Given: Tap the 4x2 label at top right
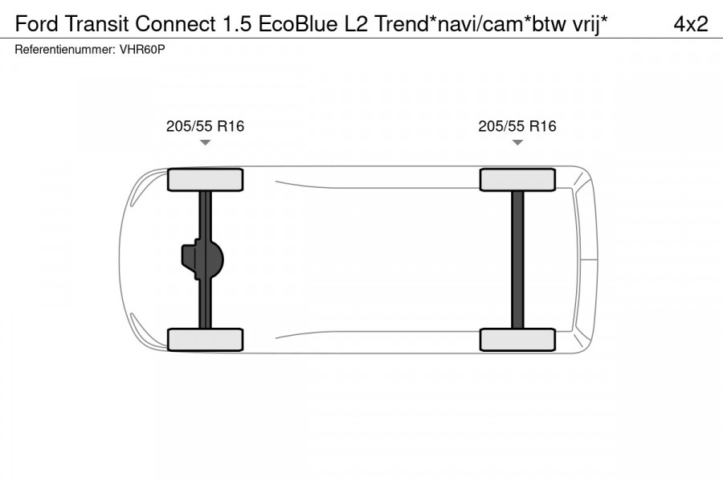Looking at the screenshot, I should tap(690, 24).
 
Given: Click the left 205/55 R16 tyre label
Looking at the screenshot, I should tap(205, 126).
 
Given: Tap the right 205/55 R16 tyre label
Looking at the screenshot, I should tap(517, 126).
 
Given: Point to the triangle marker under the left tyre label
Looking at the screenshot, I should tap(205, 143).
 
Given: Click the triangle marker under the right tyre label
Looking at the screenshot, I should tap(517, 143).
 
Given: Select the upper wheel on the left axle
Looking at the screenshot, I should tap(205, 179).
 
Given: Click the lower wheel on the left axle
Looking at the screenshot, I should tap(205, 339).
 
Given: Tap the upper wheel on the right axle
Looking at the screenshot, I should tap(517, 179).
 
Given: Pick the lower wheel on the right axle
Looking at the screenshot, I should tap(517, 339).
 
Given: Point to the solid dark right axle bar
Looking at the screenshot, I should tap(517, 259).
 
